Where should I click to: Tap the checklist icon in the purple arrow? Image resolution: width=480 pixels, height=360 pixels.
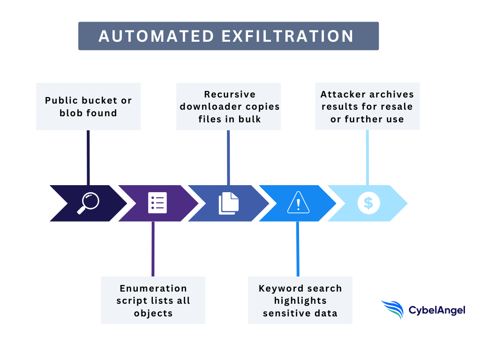click(157, 203)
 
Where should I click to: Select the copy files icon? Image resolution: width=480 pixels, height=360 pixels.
click(228, 203)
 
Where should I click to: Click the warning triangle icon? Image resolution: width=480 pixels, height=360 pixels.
click(298, 203)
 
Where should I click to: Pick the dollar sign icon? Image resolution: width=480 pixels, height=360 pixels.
click(368, 203)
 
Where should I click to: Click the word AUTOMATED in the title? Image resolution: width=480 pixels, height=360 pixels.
click(153, 36)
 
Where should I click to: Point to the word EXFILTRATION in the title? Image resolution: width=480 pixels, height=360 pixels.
click(287, 36)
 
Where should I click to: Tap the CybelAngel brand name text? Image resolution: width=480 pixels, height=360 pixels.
click(437, 310)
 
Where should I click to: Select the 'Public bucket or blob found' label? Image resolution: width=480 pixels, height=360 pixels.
click(88, 106)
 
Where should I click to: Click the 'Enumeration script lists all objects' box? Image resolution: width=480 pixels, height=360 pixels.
click(153, 300)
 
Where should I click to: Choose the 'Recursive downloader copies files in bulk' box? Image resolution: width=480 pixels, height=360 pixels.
click(228, 106)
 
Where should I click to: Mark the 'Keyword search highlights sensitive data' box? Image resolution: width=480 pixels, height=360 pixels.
click(300, 300)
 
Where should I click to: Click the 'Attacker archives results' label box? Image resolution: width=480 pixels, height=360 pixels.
click(367, 106)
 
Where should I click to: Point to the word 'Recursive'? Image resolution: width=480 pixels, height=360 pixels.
click(230, 94)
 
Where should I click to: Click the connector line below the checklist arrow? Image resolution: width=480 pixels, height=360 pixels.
click(153, 248)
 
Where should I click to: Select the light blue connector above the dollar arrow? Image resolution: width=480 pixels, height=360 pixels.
click(367, 157)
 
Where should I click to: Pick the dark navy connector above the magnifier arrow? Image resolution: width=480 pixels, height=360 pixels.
click(88, 157)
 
